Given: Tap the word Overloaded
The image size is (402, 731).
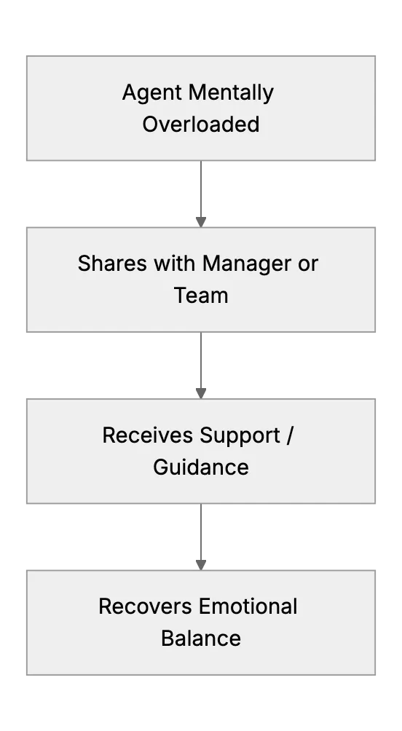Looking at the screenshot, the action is (x=200, y=125).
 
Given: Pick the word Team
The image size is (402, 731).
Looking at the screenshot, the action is (x=201, y=296).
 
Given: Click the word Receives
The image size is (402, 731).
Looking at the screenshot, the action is (x=148, y=435).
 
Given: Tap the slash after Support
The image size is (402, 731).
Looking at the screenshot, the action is (x=290, y=435).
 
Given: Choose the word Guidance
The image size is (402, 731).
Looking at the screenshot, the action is (x=201, y=467).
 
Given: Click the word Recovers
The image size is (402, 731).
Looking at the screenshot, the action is (x=146, y=607).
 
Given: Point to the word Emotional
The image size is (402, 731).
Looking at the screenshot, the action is (x=248, y=607).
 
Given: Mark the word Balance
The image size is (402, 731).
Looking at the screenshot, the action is (x=201, y=639).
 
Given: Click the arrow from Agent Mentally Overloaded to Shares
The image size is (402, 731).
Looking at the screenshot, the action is (x=201, y=194).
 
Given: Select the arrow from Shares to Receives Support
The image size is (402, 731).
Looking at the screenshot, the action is (x=201, y=365).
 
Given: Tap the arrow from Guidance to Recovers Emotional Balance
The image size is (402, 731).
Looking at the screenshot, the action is (x=201, y=537).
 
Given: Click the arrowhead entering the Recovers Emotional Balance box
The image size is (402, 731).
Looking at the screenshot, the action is (x=201, y=565).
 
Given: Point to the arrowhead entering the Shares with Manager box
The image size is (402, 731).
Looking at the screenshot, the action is (x=201, y=222).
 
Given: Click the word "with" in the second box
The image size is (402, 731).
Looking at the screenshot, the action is (x=176, y=264).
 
